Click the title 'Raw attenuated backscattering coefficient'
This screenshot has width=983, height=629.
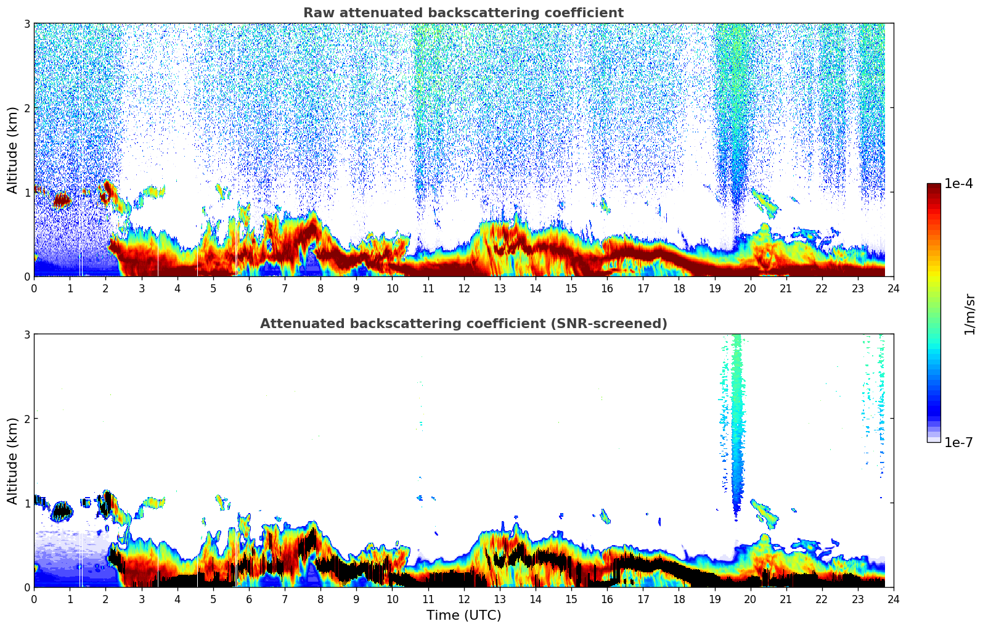tap(463, 13)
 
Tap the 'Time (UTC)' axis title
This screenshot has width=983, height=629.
tap(463, 615)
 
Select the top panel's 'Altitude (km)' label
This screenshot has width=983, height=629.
tap(12, 150)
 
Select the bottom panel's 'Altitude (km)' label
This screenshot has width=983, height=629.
tap(12, 461)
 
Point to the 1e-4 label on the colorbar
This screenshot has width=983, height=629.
tap(958, 184)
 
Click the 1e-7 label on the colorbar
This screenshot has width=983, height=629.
tap(958, 442)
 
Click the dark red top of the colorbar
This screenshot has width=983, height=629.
tap(934, 187)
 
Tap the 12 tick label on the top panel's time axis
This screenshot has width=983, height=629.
tap(463, 288)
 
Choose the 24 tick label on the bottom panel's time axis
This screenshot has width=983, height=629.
tap(894, 599)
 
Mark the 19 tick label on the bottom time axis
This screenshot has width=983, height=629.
tap(714, 599)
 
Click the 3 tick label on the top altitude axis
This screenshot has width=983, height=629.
tap(27, 23)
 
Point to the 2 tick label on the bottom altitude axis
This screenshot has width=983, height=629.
tap(27, 419)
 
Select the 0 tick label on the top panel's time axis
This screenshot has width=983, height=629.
tap(34, 288)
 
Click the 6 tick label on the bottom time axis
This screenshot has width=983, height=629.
tap(249, 599)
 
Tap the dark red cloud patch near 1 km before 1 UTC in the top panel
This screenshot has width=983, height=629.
tap(62, 200)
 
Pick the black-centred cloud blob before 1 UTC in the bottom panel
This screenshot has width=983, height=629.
tap(62, 511)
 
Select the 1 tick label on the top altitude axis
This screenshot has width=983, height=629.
tap(27, 192)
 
